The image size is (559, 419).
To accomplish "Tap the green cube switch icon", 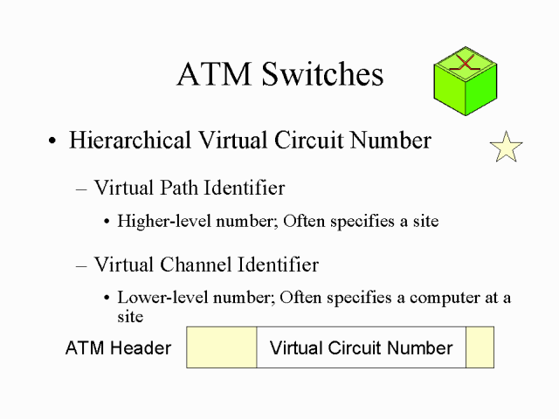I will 465,82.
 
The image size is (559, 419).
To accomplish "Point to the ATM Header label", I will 118,348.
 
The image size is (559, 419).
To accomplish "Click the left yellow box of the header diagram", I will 222,347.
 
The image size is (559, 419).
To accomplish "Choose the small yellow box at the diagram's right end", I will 480,347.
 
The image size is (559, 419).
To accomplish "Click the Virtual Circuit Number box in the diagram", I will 361,347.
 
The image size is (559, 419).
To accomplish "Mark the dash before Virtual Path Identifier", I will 82,189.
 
